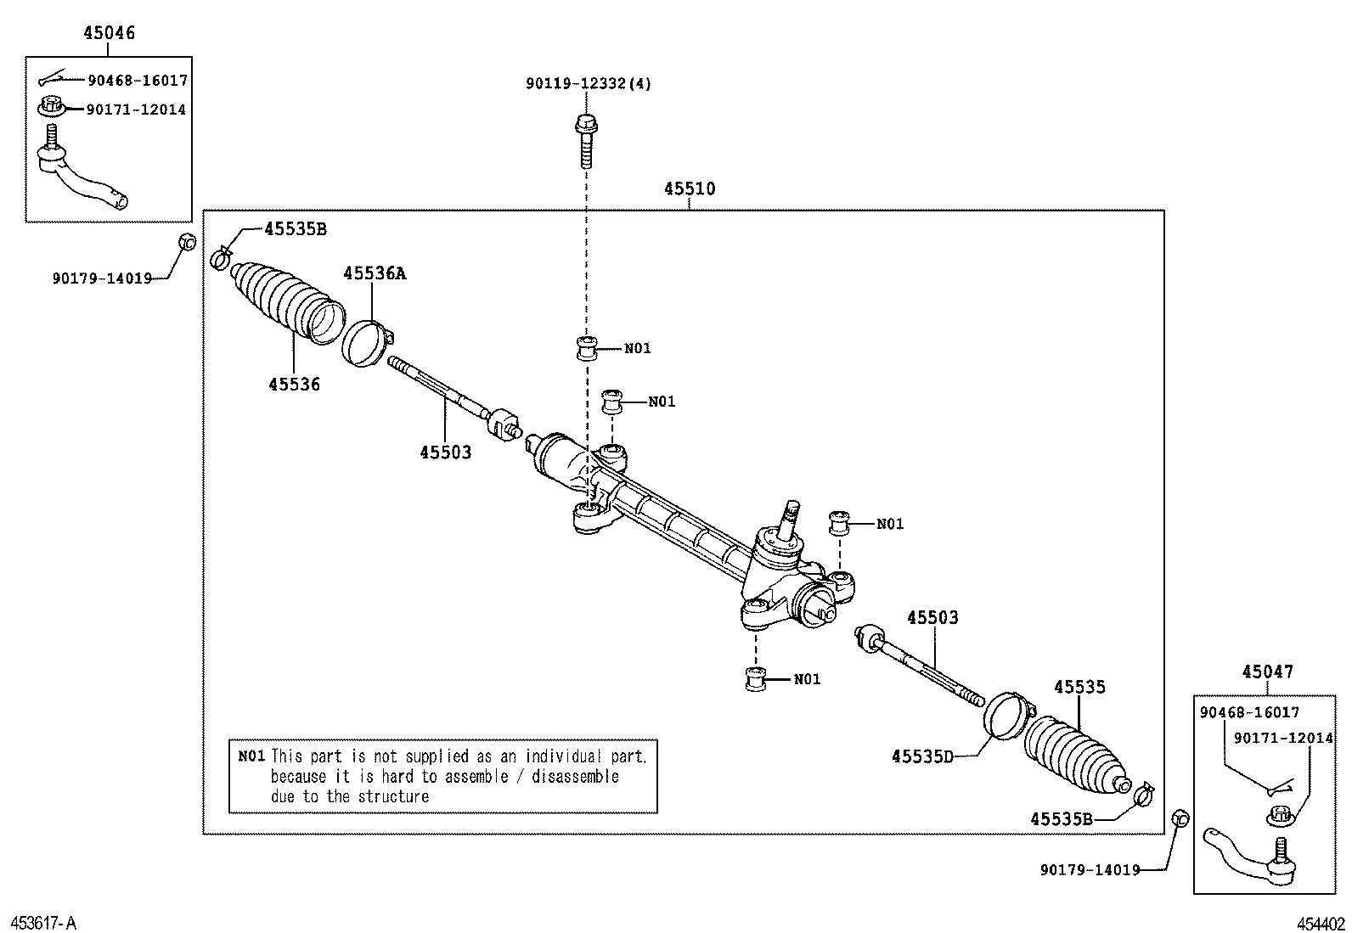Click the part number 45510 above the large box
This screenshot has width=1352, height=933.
(x=689, y=189)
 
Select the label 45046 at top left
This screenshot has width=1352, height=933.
(x=109, y=34)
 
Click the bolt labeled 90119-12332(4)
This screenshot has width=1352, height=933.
(x=586, y=140)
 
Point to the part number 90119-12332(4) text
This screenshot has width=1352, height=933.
(x=589, y=84)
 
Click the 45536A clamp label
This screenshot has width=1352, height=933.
(x=375, y=273)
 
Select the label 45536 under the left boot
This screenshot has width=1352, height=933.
(x=294, y=385)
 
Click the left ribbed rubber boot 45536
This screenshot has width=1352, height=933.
(x=284, y=301)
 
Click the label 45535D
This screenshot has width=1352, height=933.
(x=922, y=756)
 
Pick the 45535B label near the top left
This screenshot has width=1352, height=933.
(x=295, y=228)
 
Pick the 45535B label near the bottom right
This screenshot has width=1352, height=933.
(x=1061, y=818)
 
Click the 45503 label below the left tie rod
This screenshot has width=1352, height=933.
(x=445, y=452)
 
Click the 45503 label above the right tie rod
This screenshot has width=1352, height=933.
(x=932, y=618)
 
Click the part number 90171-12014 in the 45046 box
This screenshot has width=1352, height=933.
(x=137, y=110)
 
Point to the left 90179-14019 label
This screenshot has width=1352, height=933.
(x=101, y=278)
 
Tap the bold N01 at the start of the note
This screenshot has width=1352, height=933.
(x=251, y=756)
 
